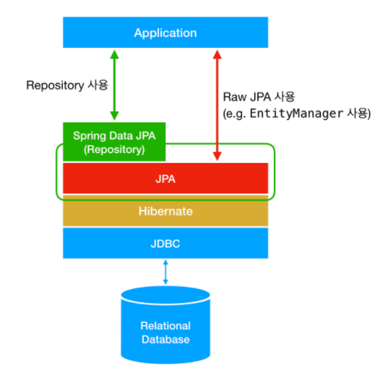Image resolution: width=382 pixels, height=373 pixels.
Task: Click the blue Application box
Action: coord(165,33)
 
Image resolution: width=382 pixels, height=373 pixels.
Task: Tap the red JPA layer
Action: coord(165,179)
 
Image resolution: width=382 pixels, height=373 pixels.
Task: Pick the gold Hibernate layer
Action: coord(165,211)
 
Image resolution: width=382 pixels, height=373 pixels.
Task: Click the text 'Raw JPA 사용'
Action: coord(256,98)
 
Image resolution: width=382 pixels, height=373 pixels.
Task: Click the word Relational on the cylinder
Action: coord(165,325)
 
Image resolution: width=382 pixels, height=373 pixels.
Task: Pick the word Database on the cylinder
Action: coord(165,339)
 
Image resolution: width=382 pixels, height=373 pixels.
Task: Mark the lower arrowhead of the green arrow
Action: coord(114,115)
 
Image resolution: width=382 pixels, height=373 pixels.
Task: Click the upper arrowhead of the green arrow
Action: coord(114,55)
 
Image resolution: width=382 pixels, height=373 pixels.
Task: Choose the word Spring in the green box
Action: coord(88,136)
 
